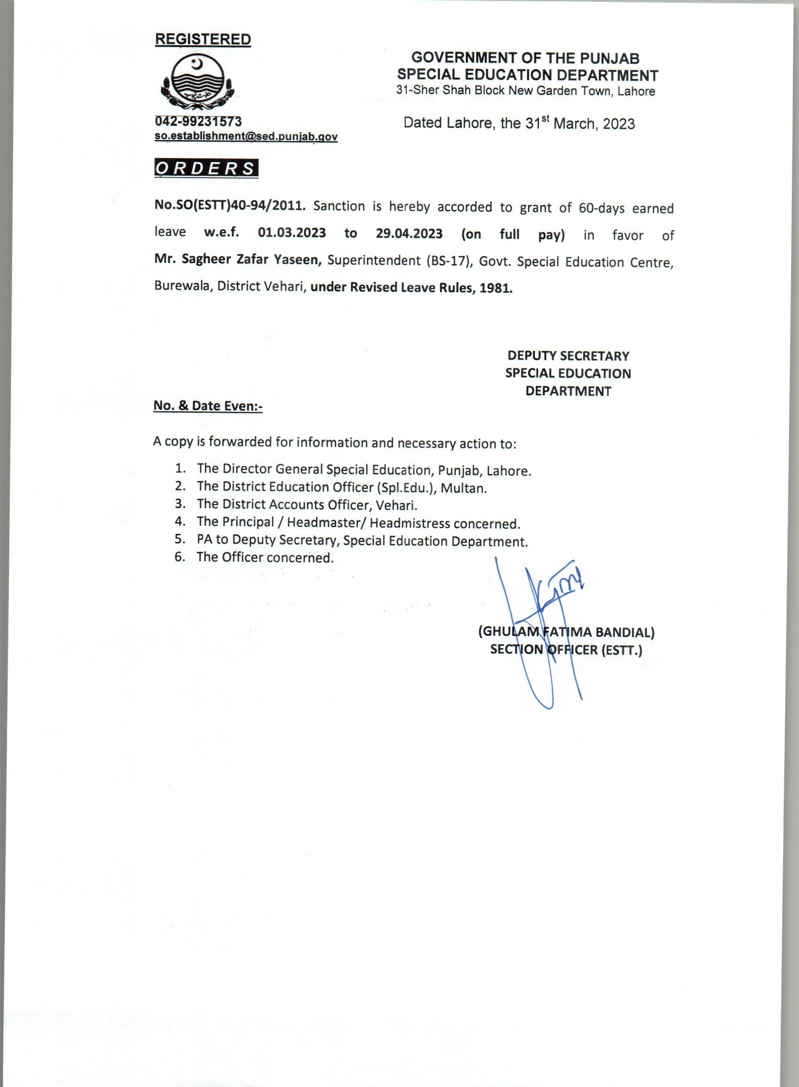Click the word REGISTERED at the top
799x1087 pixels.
pos(203,39)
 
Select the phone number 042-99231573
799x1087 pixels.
pos(198,121)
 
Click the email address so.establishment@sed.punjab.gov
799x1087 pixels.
pos(246,136)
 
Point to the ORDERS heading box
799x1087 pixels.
pos(206,168)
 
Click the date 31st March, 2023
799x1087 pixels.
pos(580,124)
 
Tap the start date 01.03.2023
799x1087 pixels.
pos(292,233)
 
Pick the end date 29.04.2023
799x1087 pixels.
pos(409,234)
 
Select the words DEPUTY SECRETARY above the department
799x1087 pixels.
pos(568,356)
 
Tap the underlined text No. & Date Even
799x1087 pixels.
pos(207,406)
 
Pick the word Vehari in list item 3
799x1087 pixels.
pos(396,506)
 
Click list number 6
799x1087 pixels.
pos(180,556)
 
